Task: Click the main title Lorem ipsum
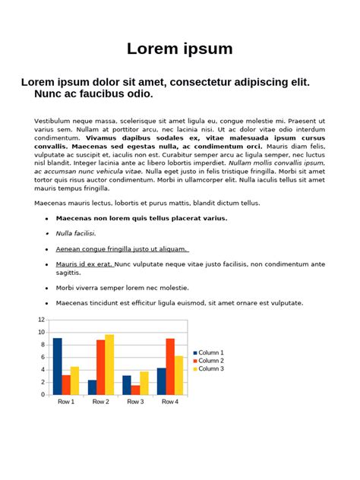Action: tap(179, 49)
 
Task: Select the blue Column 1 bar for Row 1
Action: tap(57, 366)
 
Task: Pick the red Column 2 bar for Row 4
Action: tap(170, 366)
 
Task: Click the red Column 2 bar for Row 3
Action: tap(135, 390)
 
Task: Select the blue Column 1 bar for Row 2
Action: tap(92, 387)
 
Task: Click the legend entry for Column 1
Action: tap(210, 352)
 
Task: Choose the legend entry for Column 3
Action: tap(210, 368)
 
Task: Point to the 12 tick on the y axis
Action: tap(42, 320)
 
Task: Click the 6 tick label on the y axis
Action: tap(43, 357)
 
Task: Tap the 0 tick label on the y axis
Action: tap(43, 394)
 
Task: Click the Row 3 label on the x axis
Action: tap(135, 402)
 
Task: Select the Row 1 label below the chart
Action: tap(65, 402)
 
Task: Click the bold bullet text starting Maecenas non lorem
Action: tap(141, 218)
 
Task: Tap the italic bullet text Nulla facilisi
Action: tap(76, 233)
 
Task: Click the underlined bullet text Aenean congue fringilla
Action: tap(122, 248)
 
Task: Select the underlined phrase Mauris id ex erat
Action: tap(84, 264)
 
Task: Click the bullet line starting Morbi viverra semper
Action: tap(122, 288)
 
